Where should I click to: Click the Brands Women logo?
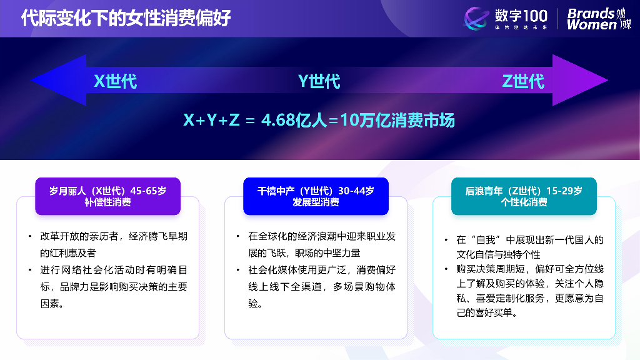pyautogui.click(x=599, y=19)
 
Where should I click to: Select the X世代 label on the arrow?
pyautogui.click(x=116, y=81)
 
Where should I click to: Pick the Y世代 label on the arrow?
pyautogui.click(x=319, y=81)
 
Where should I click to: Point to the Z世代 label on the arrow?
pyautogui.click(x=523, y=81)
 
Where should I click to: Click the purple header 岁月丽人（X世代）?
pyautogui.click(x=107, y=191)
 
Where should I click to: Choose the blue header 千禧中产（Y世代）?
pyautogui.click(x=316, y=191)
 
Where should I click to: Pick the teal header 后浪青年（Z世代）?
pyautogui.click(x=524, y=191)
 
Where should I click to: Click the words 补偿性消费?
pyautogui.click(x=107, y=202)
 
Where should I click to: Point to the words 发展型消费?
pyautogui.click(x=316, y=202)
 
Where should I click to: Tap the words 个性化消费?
pyautogui.click(x=524, y=202)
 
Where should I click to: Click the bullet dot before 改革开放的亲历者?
pyautogui.click(x=29, y=237)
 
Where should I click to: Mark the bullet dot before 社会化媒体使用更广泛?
pyautogui.click(x=237, y=270)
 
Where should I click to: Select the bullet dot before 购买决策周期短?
pyautogui.click(x=446, y=269)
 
